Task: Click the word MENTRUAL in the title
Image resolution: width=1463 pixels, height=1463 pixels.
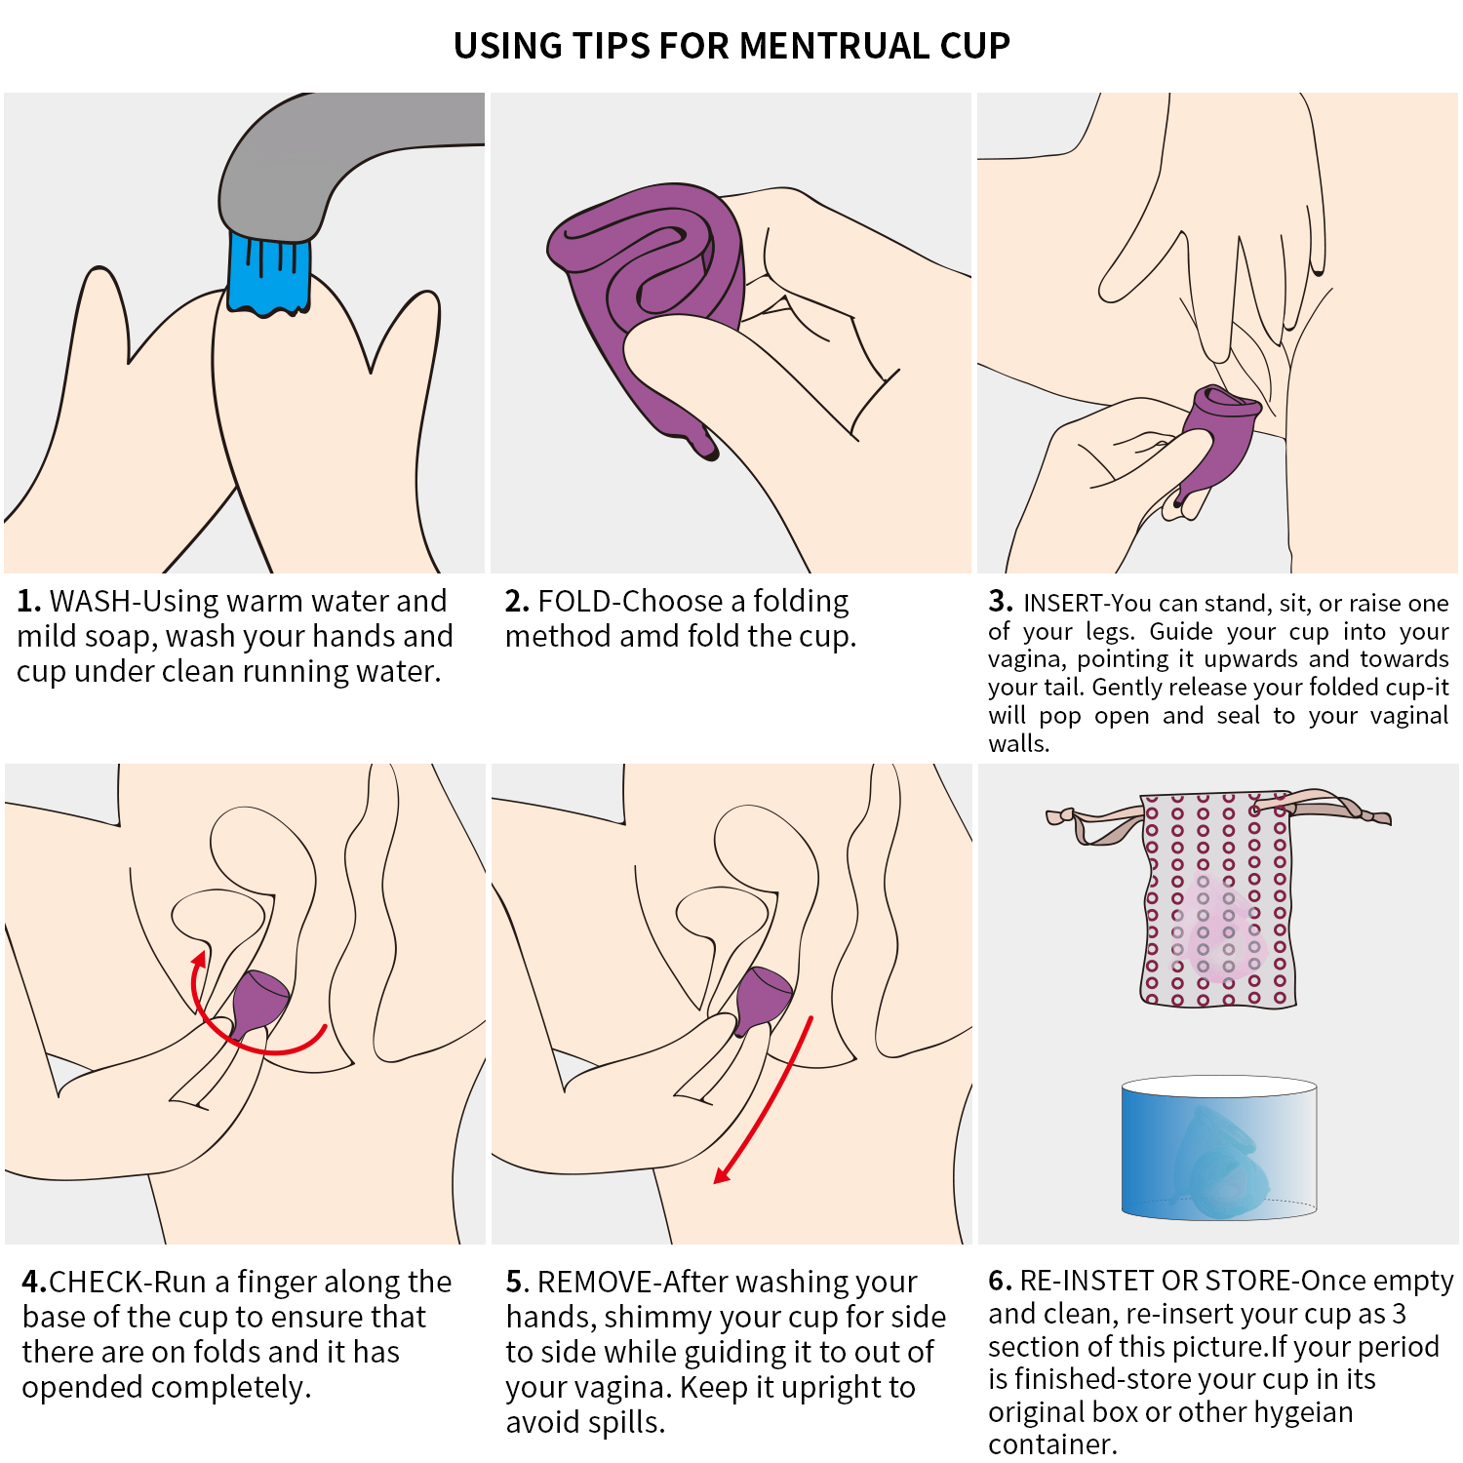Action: [x=834, y=46]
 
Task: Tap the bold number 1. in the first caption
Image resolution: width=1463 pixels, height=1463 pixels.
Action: [x=29, y=601]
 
